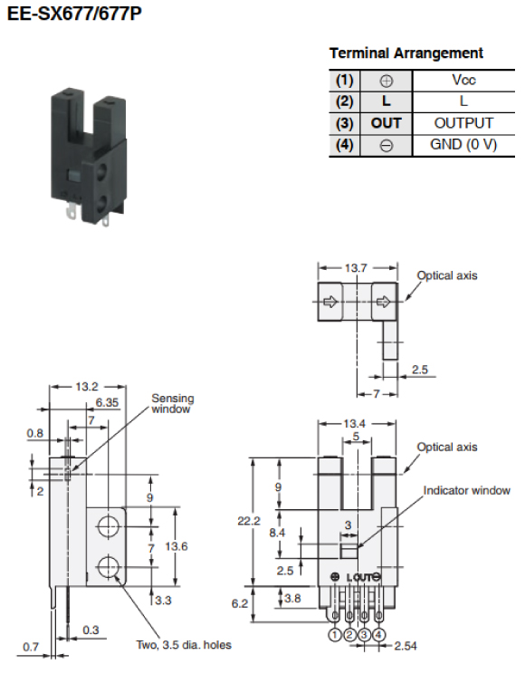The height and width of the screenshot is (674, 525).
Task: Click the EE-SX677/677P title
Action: (74, 14)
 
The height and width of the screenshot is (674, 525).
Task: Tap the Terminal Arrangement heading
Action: (406, 53)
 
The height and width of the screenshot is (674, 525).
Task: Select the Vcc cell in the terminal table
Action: (463, 80)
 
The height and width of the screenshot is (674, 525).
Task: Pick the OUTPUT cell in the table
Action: (463, 123)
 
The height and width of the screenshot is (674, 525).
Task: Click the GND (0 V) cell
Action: (463, 145)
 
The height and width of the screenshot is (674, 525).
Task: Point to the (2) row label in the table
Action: (344, 101)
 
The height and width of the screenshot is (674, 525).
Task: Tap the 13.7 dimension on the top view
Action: (356, 268)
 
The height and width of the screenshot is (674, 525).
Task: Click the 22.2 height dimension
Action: (249, 522)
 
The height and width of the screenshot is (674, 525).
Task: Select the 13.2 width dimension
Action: (87, 387)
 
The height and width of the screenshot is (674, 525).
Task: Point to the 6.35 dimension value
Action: (107, 403)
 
